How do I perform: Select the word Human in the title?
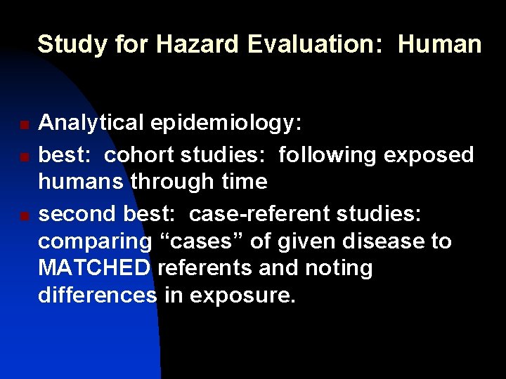[x=440, y=45]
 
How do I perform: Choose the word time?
[x=244, y=181]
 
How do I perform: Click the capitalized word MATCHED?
[x=94, y=267]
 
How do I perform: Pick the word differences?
[x=97, y=295]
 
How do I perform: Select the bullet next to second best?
[x=24, y=214]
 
